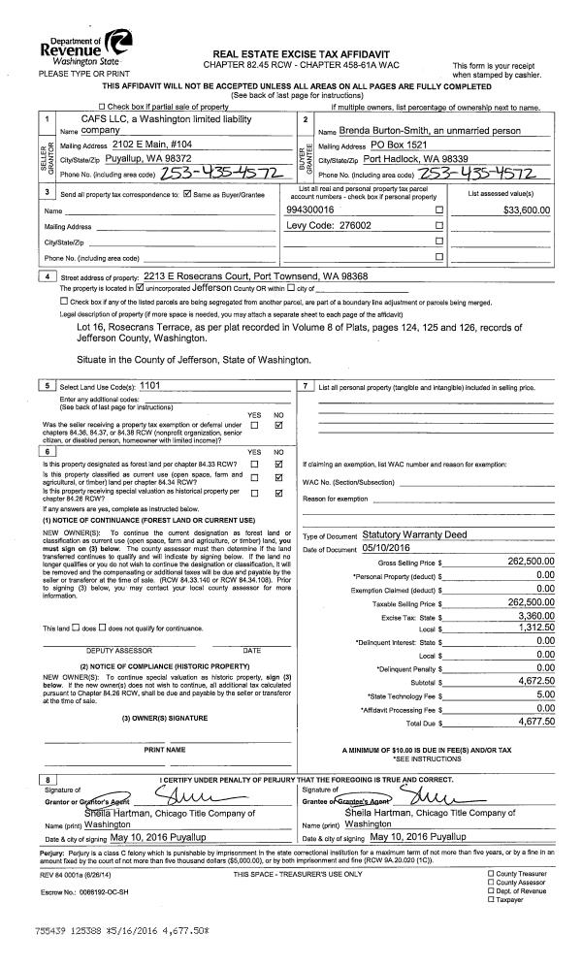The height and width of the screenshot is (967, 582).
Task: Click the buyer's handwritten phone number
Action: pyautogui.click(x=494, y=173)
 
